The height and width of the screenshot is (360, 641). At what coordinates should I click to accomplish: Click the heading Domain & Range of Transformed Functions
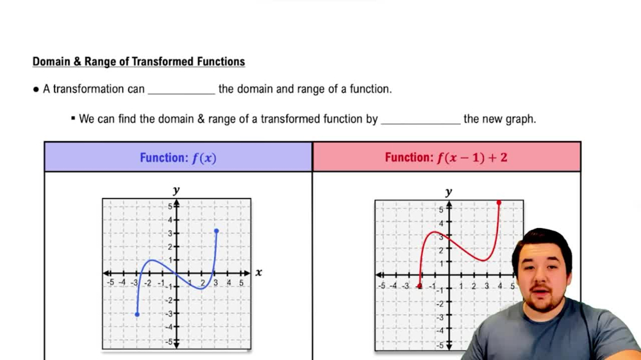click(138, 62)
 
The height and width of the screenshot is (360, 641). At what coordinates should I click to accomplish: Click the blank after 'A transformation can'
click(181, 90)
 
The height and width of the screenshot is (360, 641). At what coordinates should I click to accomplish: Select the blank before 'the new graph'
click(420, 119)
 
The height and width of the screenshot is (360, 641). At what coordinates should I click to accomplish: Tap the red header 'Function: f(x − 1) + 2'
click(446, 158)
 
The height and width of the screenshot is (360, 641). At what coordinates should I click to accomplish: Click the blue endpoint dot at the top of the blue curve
click(217, 231)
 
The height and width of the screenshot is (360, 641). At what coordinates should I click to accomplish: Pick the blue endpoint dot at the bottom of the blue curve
click(137, 314)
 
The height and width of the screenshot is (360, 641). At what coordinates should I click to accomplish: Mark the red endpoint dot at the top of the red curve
click(499, 203)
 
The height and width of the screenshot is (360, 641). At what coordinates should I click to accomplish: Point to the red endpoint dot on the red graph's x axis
click(419, 286)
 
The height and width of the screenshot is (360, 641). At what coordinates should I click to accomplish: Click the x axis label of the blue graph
click(258, 272)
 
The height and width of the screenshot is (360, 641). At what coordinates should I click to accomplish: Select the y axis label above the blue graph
click(176, 190)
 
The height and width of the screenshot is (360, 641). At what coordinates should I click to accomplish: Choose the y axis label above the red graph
click(448, 192)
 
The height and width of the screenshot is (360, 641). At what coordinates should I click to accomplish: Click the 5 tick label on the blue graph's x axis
click(242, 282)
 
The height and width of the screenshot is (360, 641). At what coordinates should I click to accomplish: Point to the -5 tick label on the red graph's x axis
click(381, 286)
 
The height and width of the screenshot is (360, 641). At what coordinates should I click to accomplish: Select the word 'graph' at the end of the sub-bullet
click(522, 119)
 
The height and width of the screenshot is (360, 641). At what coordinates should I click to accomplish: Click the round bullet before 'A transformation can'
click(36, 90)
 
